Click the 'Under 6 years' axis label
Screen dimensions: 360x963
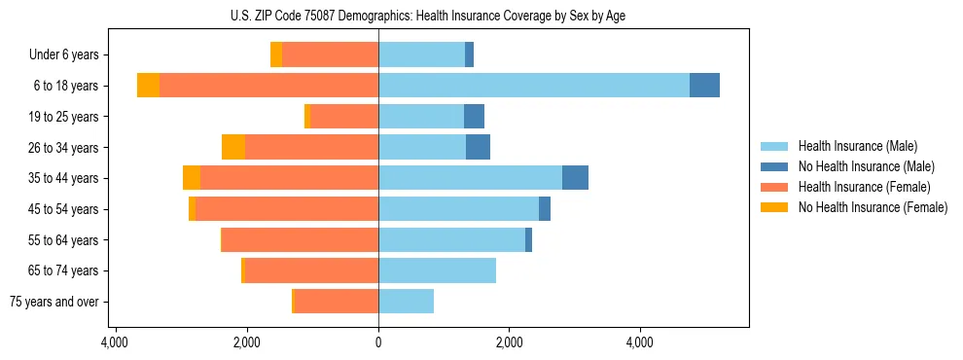point(63,55)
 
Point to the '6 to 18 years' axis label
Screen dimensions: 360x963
point(66,86)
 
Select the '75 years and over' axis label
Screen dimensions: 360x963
point(54,302)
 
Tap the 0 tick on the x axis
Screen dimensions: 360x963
point(378,342)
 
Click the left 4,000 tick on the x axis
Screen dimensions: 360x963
point(115,342)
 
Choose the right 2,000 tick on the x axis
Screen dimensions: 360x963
point(509,342)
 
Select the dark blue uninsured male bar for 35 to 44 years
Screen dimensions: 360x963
point(575,178)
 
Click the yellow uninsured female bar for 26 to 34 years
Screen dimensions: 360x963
point(233,147)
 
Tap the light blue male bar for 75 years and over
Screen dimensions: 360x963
point(406,302)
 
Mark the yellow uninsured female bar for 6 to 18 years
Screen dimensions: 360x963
point(148,86)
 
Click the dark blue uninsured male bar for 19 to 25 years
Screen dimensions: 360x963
point(474,117)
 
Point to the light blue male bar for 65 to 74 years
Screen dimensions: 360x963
point(437,270)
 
